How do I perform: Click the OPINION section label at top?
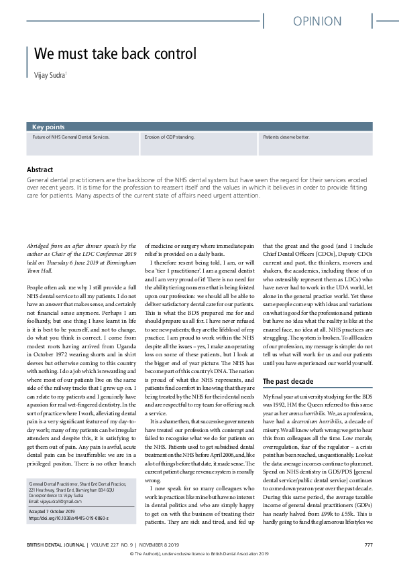pos(318,21)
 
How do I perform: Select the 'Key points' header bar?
pos(50,126)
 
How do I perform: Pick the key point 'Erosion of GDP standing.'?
pos(169,137)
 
